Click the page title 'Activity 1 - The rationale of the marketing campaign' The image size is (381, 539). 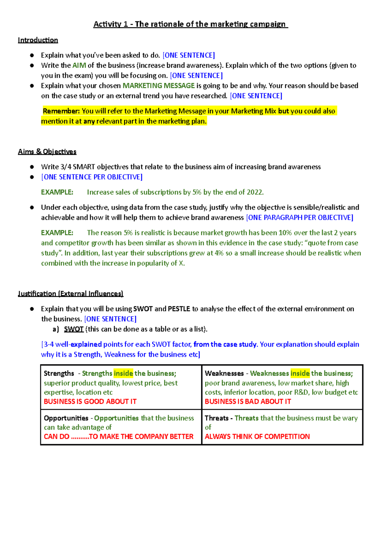pyautogui.click(x=190, y=24)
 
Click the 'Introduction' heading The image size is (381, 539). pyautogui.click(x=38, y=40)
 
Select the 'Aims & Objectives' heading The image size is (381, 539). pyautogui.click(x=47, y=152)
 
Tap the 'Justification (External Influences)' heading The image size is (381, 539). pyautogui.click(x=70, y=294)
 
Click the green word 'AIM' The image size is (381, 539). pyautogui.click(x=79, y=65)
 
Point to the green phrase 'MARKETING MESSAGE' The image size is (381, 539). pyautogui.click(x=158, y=86)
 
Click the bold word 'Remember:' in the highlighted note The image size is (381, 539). pyautogui.click(x=61, y=111)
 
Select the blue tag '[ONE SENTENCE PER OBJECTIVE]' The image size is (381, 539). pyautogui.click(x=92, y=177)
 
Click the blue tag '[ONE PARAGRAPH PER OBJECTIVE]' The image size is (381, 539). pyautogui.click(x=300, y=217)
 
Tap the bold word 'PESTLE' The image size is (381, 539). pyautogui.click(x=179, y=309)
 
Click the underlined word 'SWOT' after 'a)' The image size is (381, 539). pyautogui.click(x=74, y=329)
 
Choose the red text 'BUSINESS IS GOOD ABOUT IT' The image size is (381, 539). pyautogui.click(x=90, y=402)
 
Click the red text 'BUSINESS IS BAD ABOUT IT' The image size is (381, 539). pyautogui.click(x=248, y=402)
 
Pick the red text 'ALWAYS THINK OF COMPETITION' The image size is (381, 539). pyautogui.click(x=257, y=436)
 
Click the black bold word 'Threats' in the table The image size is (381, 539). pyautogui.click(x=217, y=418)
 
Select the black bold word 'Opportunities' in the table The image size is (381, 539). pyautogui.click(x=66, y=418)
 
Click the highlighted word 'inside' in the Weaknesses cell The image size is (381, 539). pyautogui.click(x=300, y=373)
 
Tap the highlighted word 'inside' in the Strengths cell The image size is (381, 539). pyautogui.click(x=123, y=373)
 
